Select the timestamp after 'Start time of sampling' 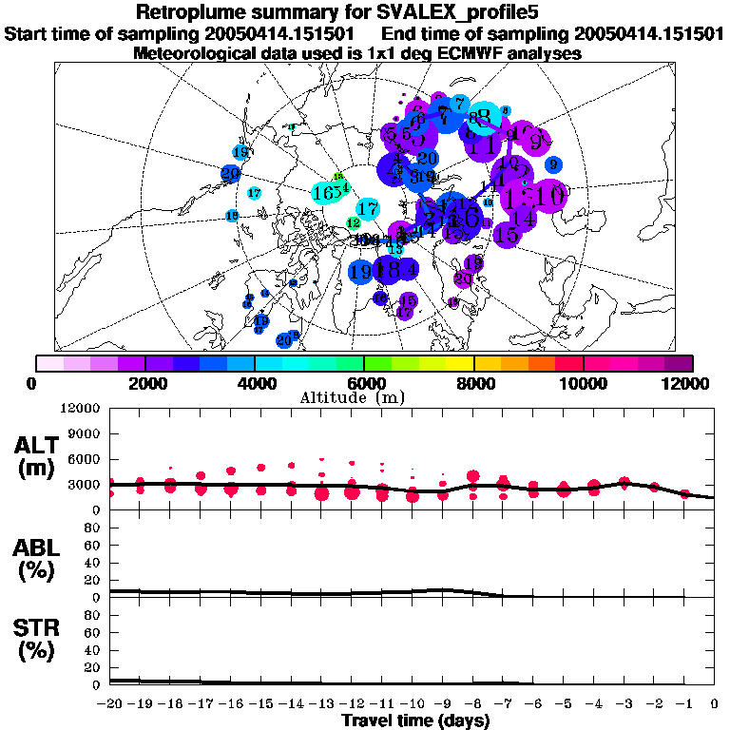tap(291, 34)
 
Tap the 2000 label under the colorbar tap(144, 383)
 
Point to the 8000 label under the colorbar tap(473, 383)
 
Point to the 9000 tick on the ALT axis tap(84, 432)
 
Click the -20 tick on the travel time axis tap(110, 704)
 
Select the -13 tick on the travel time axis tap(321, 704)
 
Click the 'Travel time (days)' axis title tap(415, 720)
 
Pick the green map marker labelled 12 tap(354, 222)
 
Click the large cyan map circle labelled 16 tap(323, 193)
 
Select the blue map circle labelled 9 tap(553, 165)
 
